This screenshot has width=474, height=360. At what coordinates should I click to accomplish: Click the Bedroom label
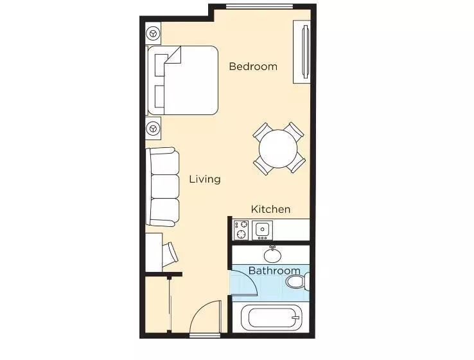pyautogui.click(x=253, y=66)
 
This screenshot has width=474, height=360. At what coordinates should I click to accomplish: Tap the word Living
pyautogui.click(x=204, y=179)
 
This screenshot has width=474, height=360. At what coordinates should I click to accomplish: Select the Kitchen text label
pyautogui.click(x=270, y=209)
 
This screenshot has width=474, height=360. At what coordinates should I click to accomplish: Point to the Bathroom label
pyautogui.click(x=274, y=271)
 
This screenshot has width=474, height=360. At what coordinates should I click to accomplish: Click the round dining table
pyautogui.click(x=278, y=148)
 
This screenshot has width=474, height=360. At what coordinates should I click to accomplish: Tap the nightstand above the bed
pyautogui.click(x=153, y=33)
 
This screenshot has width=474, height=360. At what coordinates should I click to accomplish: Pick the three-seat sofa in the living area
pyautogui.click(x=162, y=186)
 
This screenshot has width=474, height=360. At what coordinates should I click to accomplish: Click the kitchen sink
pyautogui.click(x=263, y=229)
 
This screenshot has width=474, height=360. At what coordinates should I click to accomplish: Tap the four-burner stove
pyautogui.click(x=241, y=230)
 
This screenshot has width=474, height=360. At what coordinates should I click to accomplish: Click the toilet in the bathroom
pyautogui.click(x=298, y=282)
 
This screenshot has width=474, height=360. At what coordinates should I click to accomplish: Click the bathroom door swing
pyautogui.click(x=244, y=283)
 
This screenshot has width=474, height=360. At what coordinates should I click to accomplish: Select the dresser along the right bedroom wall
pyautogui.click(x=302, y=51)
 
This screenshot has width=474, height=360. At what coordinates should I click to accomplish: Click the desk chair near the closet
pyautogui.click(x=171, y=253)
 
